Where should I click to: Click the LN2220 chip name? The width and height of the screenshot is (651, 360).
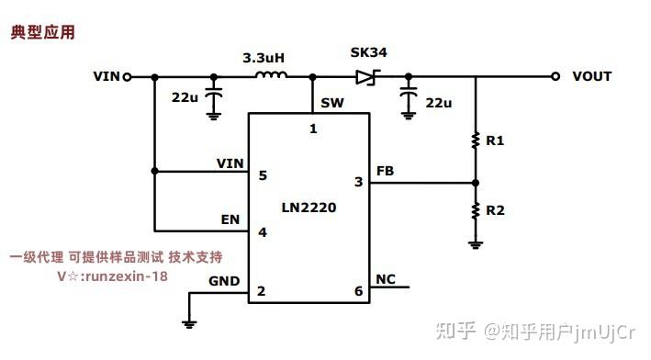[309, 208]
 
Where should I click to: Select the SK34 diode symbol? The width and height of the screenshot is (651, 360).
[369, 77]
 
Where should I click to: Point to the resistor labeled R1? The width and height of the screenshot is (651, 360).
[476, 141]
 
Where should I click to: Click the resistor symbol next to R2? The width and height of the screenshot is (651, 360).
[476, 210]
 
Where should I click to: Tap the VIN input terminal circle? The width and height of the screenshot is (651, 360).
[127, 77]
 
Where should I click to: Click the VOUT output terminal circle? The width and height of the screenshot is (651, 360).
[556, 77]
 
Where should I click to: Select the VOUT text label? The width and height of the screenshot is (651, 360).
[591, 77]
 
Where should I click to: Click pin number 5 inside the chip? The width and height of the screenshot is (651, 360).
[263, 174]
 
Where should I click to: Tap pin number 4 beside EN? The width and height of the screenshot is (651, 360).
[263, 231]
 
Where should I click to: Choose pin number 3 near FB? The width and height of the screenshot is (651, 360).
[358, 182]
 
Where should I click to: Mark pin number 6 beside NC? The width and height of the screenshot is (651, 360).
[358, 291]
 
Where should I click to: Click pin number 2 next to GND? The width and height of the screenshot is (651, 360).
[263, 291]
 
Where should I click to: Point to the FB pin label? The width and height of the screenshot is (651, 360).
[386, 171]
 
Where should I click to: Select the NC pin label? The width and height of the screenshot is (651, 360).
[386, 279]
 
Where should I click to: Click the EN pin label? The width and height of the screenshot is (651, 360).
[230, 220]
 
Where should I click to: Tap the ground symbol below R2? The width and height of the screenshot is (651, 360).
[476, 243]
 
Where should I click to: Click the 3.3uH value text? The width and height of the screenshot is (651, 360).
[264, 57]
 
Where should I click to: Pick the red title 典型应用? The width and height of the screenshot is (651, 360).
[42, 32]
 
